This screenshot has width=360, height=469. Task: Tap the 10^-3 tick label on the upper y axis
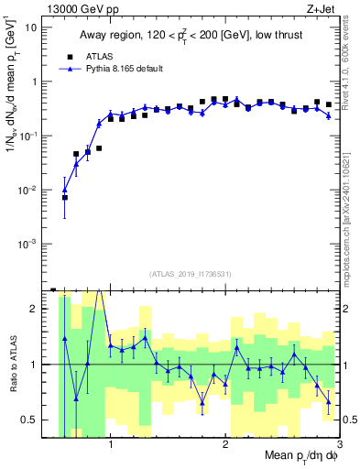[33, 245]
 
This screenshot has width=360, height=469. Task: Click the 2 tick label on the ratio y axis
[40, 309]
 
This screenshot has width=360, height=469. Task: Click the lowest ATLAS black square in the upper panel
[65, 197]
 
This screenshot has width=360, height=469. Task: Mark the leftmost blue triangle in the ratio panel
[65, 338]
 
